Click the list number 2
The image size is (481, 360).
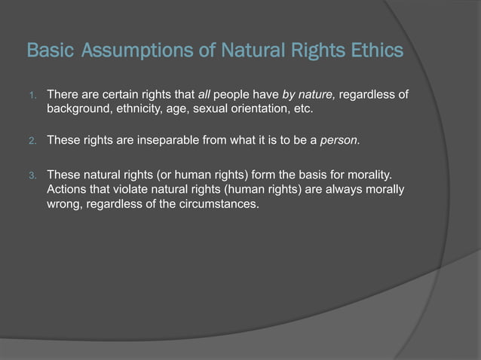pyautogui.click(x=32, y=140)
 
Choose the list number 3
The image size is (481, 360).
pyautogui.click(x=32, y=175)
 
